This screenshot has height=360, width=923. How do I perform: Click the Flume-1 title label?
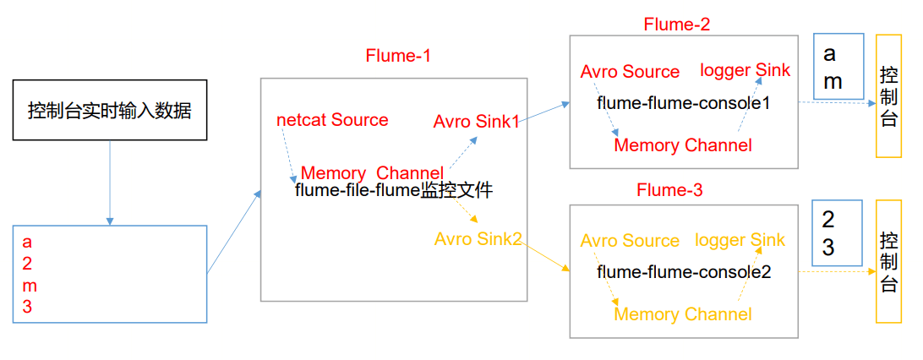coord(398,57)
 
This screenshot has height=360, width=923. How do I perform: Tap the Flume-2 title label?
coord(676,24)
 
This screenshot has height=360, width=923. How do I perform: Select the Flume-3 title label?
coord(669,191)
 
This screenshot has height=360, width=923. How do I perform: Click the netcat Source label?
coord(332,120)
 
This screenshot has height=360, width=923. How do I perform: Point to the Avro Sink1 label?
coord(476,122)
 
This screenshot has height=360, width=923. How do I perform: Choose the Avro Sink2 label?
coord(478,239)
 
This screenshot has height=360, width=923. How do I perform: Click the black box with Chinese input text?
coord(109,110)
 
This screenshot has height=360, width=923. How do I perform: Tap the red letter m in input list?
coord(30,286)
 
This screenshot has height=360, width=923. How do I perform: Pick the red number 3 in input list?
coord(27,308)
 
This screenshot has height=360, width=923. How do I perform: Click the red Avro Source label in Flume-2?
coord(630,72)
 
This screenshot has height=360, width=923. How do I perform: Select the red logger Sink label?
coord(745,69)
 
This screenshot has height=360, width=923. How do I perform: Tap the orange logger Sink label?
coord(740,241)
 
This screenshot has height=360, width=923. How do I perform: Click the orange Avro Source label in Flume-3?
coord(630,242)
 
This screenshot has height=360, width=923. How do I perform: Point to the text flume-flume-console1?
coord(684,103)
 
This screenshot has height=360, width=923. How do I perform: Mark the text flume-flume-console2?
coord(684,273)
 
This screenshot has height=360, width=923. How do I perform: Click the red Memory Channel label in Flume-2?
coord(682,145)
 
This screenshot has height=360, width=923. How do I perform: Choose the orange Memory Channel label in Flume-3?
coord(682,314)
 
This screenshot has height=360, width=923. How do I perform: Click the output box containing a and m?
coord(837,68)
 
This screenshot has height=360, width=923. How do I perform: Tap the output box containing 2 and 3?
coord(836,233)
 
